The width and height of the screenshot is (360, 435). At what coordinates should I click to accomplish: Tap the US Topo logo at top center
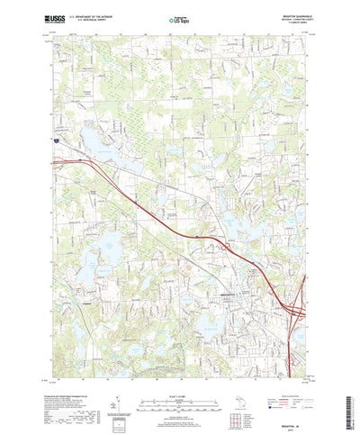(x=180, y=19)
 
